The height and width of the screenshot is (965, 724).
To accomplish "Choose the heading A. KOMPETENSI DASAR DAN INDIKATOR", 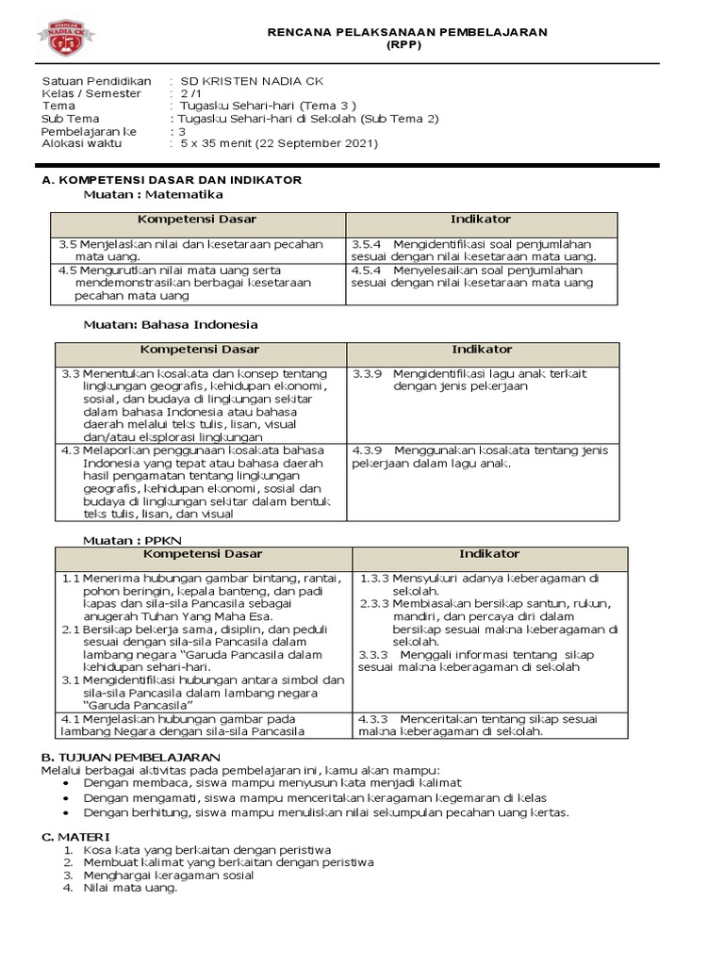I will (x=172, y=180).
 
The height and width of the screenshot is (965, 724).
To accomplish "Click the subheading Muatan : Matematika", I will (x=153, y=194).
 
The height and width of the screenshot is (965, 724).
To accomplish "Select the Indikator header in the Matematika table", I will (x=481, y=220).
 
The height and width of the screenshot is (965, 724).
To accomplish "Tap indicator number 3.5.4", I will (x=366, y=244).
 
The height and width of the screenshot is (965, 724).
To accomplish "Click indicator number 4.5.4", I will (x=366, y=270).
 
